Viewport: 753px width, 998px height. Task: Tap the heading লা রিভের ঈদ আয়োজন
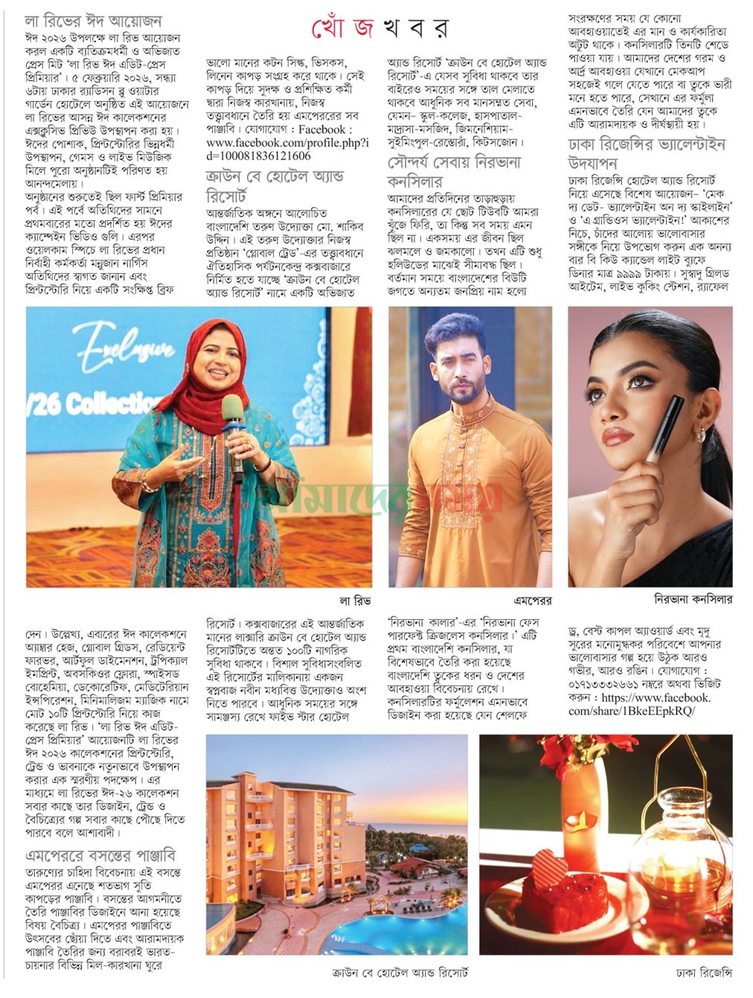[x=93, y=21]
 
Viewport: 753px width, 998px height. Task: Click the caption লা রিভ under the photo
[x=355, y=600]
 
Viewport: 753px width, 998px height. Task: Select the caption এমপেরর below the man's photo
[x=531, y=600]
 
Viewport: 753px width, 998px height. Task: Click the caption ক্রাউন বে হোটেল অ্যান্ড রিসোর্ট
[x=400, y=973]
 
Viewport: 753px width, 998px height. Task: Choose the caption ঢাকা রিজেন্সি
[x=704, y=973]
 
